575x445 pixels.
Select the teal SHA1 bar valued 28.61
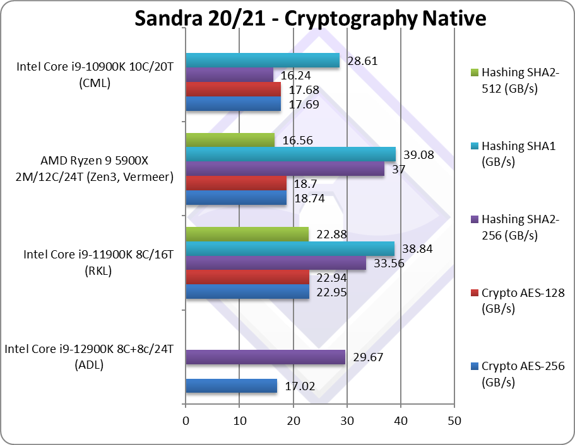pyautogui.click(x=262, y=61)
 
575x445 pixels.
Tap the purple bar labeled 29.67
pyautogui.click(x=265, y=357)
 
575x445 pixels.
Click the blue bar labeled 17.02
pyautogui.click(x=231, y=386)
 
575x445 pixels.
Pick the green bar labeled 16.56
pyautogui.click(x=230, y=140)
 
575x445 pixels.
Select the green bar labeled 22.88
pyautogui.click(x=247, y=234)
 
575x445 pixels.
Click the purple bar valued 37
pyautogui.click(x=285, y=169)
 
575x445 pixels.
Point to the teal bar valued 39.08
pyautogui.click(x=290, y=154)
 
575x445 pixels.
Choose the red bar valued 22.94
pyautogui.click(x=247, y=277)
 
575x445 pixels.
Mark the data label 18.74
pyautogui.click(x=307, y=199)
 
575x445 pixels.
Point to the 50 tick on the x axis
pyautogui.click(x=454, y=420)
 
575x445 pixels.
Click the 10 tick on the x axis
pyautogui.click(x=239, y=420)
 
